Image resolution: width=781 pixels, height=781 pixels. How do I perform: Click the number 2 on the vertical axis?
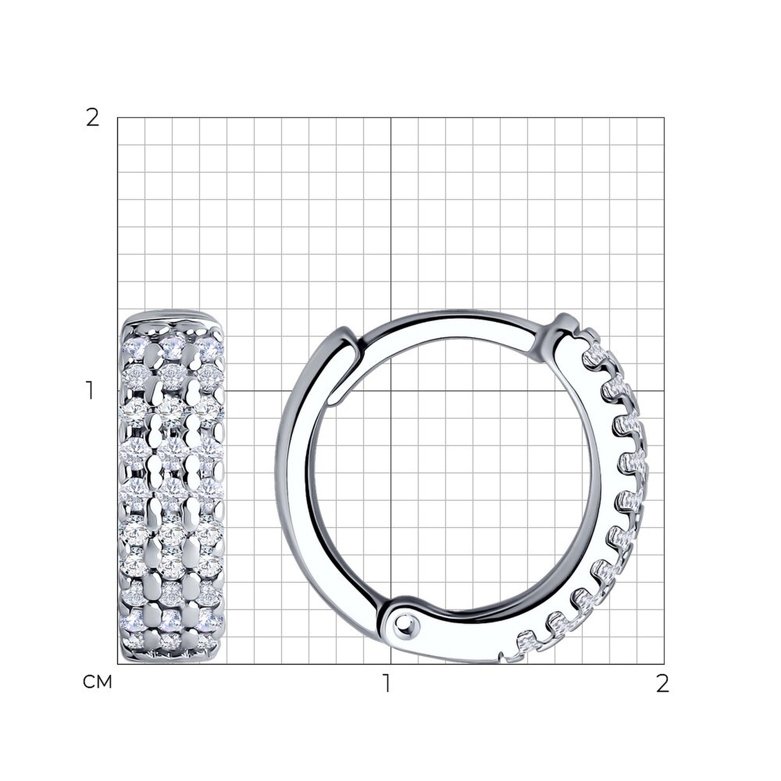click(x=93, y=118)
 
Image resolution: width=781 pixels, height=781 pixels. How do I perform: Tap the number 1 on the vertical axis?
click(x=90, y=390)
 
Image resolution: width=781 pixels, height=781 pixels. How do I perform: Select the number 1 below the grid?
click(x=387, y=685)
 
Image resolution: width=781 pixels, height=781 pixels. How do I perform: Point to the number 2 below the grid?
click(x=663, y=685)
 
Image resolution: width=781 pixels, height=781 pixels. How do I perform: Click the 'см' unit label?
click(x=97, y=682)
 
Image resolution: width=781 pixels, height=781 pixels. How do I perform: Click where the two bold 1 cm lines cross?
click(x=391, y=391)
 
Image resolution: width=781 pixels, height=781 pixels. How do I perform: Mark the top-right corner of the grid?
click(x=664, y=118)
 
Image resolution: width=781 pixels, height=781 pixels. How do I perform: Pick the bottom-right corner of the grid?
click(x=664, y=664)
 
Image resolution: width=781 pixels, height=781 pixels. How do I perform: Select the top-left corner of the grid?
click(x=118, y=118)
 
